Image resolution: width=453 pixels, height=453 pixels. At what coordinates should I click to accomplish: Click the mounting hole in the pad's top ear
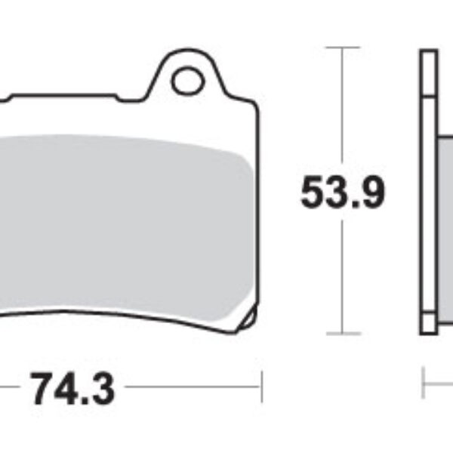click(x=186, y=82)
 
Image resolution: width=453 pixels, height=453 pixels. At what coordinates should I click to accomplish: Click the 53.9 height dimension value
click(x=343, y=193)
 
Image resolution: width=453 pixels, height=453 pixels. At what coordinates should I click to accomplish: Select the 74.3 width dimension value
click(x=72, y=390)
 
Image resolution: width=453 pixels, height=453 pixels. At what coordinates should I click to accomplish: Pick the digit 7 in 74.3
click(x=44, y=390)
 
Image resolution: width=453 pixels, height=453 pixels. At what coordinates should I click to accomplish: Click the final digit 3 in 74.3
click(x=102, y=390)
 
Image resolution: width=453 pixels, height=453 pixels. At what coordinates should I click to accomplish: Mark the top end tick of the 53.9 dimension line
click(x=344, y=48)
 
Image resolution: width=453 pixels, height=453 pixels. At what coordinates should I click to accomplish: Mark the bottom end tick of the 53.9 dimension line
click(x=344, y=333)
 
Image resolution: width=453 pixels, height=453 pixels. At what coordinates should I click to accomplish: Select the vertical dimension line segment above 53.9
click(x=344, y=106)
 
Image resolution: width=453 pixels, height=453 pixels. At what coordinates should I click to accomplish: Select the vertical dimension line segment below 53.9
click(x=344, y=272)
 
